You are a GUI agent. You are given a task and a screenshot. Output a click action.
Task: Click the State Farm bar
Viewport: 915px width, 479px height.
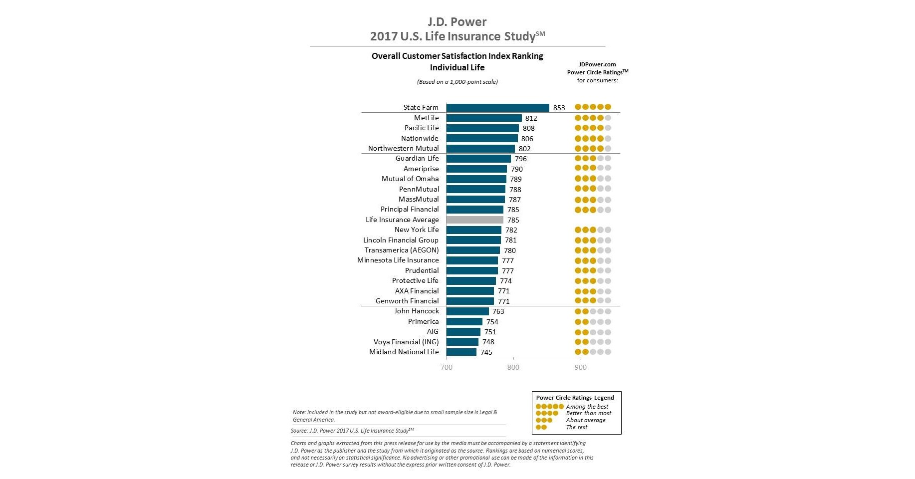(497, 107)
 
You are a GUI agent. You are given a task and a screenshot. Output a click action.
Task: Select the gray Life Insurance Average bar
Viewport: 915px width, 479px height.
(474, 220)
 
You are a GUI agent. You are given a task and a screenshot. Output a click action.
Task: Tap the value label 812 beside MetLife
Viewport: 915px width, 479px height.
(531, 118)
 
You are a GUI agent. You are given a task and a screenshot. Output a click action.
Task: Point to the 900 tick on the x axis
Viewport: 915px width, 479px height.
(580, 367)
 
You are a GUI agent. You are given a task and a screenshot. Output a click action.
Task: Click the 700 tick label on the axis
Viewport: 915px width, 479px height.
(447, 367)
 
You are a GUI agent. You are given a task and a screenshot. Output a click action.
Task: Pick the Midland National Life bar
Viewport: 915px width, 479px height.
(461, 352)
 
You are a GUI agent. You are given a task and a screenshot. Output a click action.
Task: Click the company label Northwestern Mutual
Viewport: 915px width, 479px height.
(403, 148)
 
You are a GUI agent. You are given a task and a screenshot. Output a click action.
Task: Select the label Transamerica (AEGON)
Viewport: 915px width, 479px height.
(401, 250)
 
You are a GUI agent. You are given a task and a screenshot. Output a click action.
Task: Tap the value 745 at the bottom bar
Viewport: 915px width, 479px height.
(486, 352)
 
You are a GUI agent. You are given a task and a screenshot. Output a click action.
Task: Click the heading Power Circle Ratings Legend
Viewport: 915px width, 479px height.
(575, 398)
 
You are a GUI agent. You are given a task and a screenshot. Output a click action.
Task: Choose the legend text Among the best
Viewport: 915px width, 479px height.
(587, 407)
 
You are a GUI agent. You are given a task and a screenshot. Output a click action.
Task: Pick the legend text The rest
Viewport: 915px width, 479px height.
(577, 427)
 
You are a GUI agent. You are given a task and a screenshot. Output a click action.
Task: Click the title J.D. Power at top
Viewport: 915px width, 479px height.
(457, 22)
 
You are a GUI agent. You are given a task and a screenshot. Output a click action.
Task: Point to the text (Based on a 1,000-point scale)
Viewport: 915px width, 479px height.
(457, 82)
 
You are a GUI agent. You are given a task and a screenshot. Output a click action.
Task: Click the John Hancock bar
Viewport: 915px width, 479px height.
(467, 311)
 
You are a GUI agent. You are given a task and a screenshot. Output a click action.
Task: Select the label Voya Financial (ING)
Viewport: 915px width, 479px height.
(406, 342)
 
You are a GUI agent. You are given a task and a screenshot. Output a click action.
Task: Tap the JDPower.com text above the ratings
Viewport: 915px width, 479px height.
(597, 64)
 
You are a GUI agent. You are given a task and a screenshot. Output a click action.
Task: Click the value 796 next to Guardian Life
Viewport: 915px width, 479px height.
(520, 159)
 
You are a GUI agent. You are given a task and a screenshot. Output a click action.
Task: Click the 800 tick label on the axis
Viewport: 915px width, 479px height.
(513, 367)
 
